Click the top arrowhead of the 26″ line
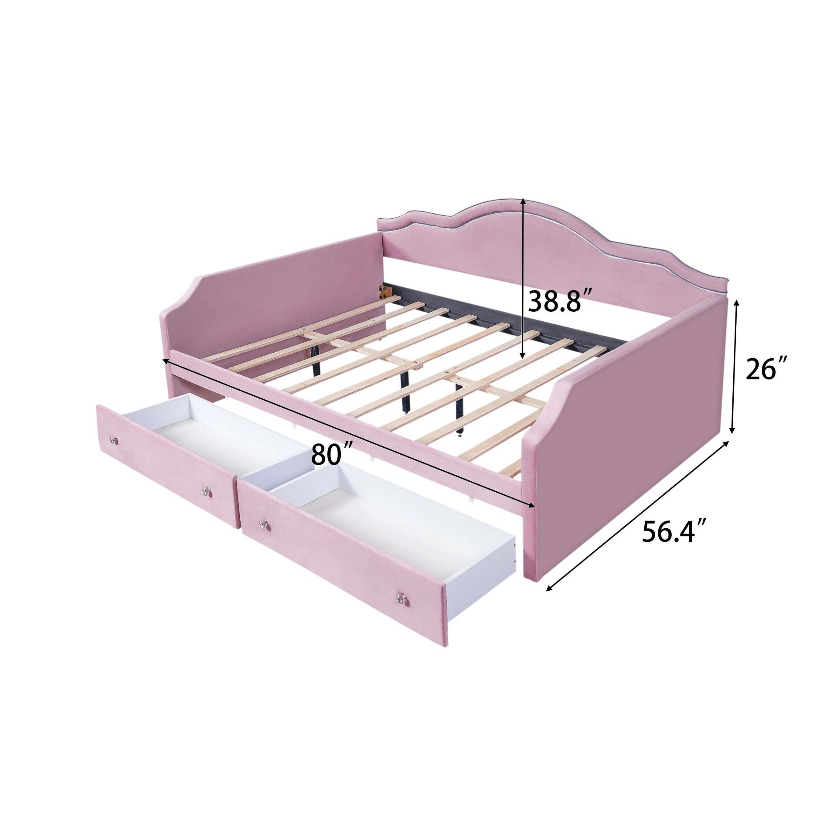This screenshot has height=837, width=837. (x=737, y=302)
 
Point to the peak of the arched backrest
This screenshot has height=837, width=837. (x=519, y=201)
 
